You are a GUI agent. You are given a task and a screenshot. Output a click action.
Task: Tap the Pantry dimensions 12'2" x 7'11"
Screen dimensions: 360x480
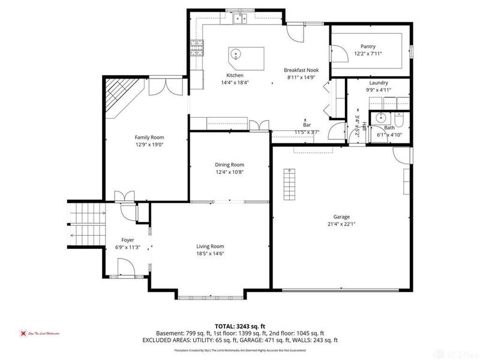(x=368, y=53)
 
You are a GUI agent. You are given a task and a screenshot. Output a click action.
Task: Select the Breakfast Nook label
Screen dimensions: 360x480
(x=301, y=70)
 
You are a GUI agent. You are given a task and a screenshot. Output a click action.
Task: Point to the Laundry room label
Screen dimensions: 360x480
(x=378, y=83)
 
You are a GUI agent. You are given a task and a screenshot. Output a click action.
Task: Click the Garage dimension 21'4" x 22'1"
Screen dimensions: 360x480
(x=341, y=224)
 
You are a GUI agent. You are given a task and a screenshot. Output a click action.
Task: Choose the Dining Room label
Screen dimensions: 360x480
(x=229, y=164)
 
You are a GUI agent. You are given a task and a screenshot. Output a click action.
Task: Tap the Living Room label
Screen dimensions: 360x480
(x=210, y=246)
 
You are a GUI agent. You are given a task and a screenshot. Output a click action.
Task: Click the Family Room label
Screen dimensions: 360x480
(x=149, y=137)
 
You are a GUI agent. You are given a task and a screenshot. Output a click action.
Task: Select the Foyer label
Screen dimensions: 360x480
(x=128, y=240)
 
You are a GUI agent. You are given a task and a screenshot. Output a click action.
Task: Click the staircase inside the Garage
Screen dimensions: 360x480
(x=290, y=182)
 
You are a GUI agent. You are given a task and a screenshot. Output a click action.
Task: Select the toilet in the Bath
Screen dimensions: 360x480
(x=401, y=118)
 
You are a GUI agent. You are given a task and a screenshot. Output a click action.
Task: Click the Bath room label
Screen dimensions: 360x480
(x=389, y=128)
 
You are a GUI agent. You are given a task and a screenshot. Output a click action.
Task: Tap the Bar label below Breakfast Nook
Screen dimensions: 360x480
(x=307, y=125)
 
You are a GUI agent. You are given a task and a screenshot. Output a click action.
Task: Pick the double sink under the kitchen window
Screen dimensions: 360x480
(x=241, y=19)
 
